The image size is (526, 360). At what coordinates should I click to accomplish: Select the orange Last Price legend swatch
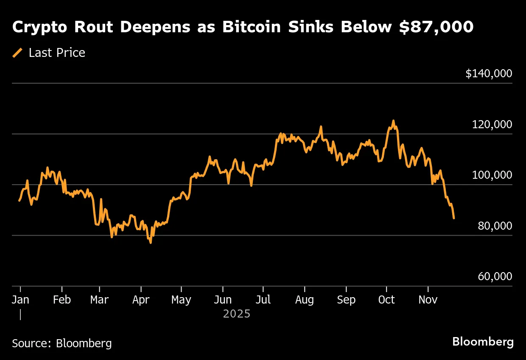click(18, 53)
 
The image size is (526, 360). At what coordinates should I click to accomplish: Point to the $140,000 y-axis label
click(489, 74)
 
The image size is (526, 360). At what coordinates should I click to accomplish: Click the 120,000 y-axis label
click(492, 125)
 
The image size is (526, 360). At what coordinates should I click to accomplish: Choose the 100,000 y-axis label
click(492, 175)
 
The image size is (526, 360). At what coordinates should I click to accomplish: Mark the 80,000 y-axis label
click(495, 226)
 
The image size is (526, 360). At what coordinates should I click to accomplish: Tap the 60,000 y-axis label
click(495, 277)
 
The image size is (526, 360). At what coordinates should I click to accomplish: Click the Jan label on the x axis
click(20, 300)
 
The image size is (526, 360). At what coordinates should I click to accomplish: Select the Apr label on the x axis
click(141, 300)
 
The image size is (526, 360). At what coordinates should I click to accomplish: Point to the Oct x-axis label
click(386, 300)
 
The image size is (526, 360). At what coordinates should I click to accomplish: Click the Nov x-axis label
click(428, 300)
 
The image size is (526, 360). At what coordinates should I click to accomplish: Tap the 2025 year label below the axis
click(237, 315)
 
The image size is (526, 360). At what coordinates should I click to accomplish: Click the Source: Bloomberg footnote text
click(62, 343)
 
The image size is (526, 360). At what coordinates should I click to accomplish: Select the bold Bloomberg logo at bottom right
click(483, 342)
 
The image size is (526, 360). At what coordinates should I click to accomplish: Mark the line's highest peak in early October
click(393, 121)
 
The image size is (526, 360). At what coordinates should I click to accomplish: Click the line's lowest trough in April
click(151, 242)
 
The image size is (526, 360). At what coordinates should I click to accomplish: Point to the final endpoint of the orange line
click(454, 218)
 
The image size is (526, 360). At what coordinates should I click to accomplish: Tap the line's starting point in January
click(19, 200)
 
